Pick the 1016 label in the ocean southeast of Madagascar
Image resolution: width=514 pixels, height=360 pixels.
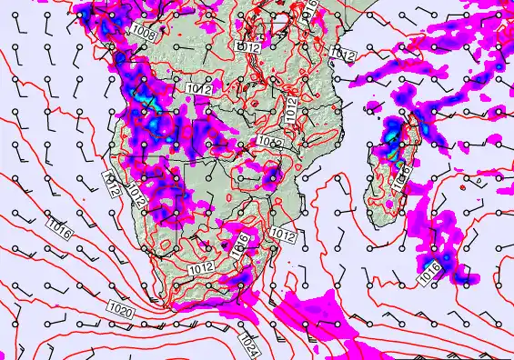tap(430, 267)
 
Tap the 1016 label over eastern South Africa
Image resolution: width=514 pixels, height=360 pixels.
tap(242, 243)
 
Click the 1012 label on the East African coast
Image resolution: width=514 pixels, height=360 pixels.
tap(343, 55)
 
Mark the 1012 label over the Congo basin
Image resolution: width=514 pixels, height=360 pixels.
tap(248, 45)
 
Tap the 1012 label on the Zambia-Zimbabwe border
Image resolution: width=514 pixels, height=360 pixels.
tap(268, 143)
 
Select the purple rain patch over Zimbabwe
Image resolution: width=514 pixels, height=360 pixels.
tap(271, 175)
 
